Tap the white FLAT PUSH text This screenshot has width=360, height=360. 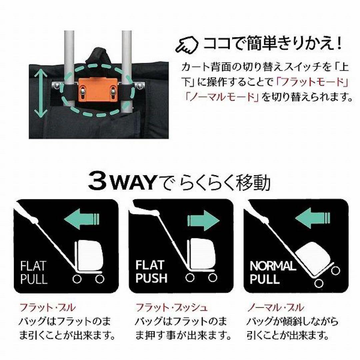[150, 272]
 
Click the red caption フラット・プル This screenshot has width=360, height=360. [48, 307]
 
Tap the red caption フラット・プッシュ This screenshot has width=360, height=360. [172, 307]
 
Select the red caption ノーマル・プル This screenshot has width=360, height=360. [275, 307]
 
